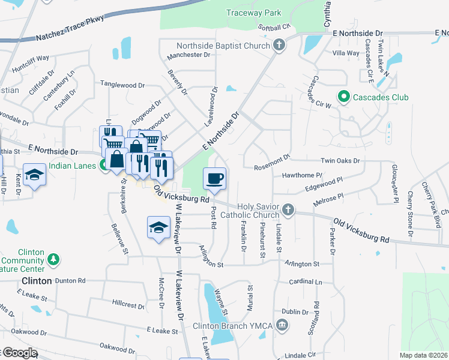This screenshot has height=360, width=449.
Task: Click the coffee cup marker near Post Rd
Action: [215, 178]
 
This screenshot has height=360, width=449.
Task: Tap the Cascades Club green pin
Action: [343, 97]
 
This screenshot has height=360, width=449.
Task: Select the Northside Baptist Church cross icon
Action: [279, 45]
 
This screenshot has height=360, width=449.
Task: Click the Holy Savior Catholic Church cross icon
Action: [289, 209]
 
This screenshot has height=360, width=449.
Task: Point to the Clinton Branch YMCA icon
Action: [283, 326]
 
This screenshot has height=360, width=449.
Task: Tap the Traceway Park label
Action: [253, 12]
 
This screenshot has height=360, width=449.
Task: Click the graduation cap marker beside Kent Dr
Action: [35, 175]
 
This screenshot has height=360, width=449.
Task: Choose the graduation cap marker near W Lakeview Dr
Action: [158, 227]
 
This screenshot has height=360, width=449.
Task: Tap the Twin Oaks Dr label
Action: [340, 161]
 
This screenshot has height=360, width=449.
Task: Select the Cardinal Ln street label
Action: [306, 281]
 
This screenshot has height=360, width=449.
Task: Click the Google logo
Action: [19, 353]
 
